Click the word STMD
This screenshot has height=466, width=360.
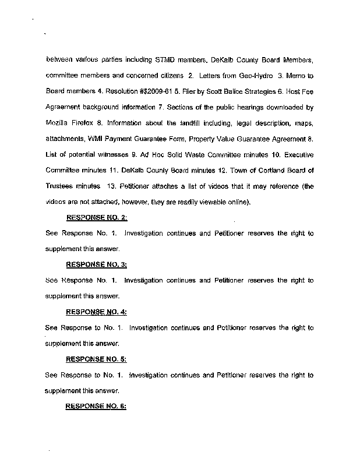coord(167,60)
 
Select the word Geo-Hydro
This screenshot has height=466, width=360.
coord(239,76)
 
